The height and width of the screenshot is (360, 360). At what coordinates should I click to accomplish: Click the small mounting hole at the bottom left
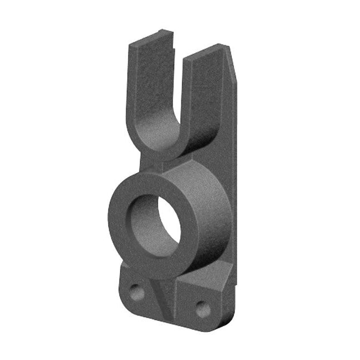pos(135,290)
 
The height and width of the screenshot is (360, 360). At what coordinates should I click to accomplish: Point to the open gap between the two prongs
pos(179,84)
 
